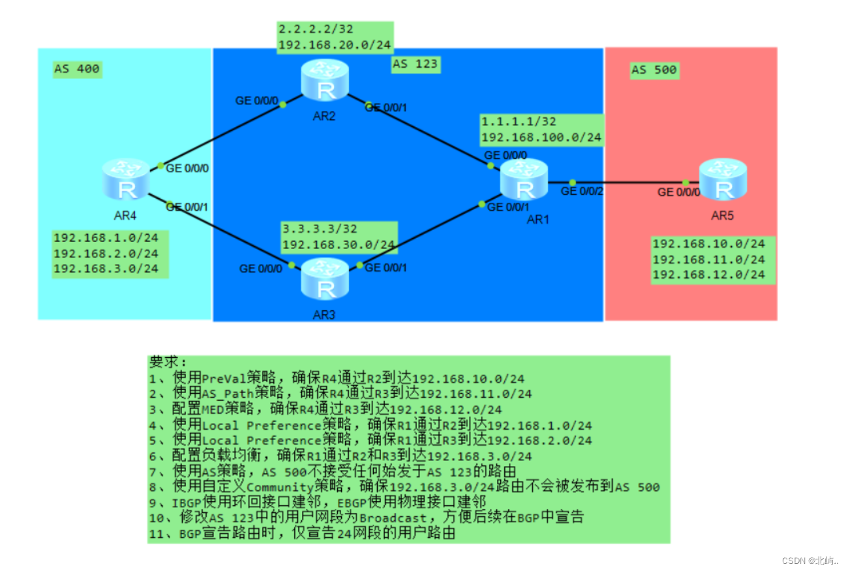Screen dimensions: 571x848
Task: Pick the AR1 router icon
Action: (x=524, y=180)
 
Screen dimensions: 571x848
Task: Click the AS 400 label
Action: (x=77, y=69)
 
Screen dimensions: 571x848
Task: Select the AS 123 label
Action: (x=415, y=64)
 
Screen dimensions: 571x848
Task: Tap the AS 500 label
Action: (x=654, y=70)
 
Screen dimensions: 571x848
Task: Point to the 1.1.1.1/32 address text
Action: (x=518, y=122)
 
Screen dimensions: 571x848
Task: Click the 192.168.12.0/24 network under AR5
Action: (x=708, y=274)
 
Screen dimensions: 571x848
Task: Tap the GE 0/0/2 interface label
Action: (x=583, y=192)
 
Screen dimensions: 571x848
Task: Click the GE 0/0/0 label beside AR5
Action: (x=678, y=192)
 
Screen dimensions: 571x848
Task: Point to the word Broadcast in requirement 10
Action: (x=390, y=518)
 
